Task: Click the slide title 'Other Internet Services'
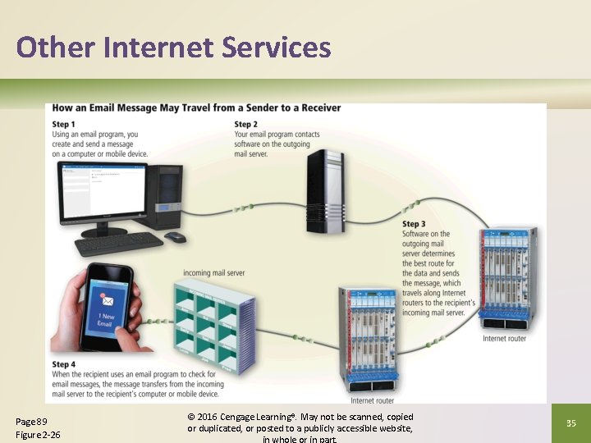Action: [173, 48]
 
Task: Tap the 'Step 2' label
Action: [246, 125]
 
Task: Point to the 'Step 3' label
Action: [414, 224]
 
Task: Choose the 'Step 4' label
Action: [64, 364]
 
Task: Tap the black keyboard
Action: [118, 243]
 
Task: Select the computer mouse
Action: [175, 237]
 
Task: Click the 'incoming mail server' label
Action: [214, 272]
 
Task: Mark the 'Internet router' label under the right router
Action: [504, 339]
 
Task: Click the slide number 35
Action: [571, 423]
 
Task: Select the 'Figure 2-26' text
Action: [38, 435]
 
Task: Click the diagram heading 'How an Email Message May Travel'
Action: [196, 108]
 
